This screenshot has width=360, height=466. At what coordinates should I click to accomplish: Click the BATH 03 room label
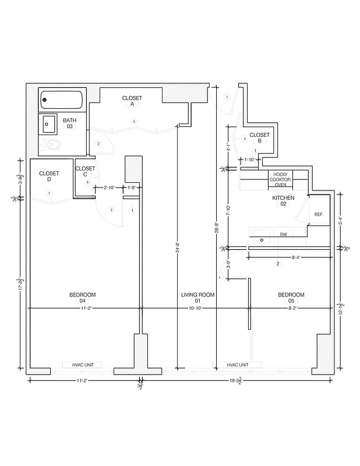pos(69,123)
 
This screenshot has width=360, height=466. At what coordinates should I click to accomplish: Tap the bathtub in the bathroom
pos(62,100)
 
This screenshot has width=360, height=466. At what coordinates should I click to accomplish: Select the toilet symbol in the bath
pos(52,144)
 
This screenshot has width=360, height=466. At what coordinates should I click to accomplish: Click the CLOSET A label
pos(132,101)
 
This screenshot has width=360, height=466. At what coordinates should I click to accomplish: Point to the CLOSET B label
pos(259,137)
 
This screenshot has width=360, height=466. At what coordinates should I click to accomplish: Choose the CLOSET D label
pos(49,176)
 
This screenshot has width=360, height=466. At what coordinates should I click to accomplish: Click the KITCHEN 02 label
pos(283,201)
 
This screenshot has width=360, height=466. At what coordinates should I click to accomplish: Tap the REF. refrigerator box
pos(319,214)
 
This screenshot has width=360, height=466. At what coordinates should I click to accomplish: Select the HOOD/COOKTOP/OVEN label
pos(280,179)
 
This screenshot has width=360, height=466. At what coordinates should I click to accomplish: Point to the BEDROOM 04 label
pos(82,298)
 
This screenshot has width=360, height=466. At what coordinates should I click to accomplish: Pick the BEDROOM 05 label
pos(291,298)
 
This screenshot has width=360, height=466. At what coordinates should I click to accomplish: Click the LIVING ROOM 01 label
pos(197,298)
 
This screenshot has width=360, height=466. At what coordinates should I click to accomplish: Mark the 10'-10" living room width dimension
pos(195,308)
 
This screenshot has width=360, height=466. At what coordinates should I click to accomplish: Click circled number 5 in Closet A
pos(134,121)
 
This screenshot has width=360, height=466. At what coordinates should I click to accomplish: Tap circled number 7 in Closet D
pos(50,193)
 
